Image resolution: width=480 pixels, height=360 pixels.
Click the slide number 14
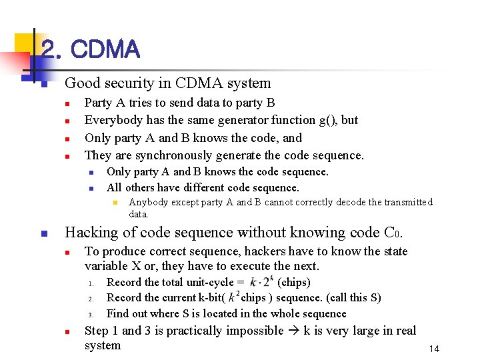[434, 349]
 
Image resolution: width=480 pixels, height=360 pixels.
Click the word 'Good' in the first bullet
[79, 83]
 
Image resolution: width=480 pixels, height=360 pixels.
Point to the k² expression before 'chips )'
[233, 297]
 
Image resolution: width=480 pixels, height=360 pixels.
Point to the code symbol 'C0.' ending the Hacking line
[394, 233]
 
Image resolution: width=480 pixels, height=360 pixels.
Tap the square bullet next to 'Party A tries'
[67, 103]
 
